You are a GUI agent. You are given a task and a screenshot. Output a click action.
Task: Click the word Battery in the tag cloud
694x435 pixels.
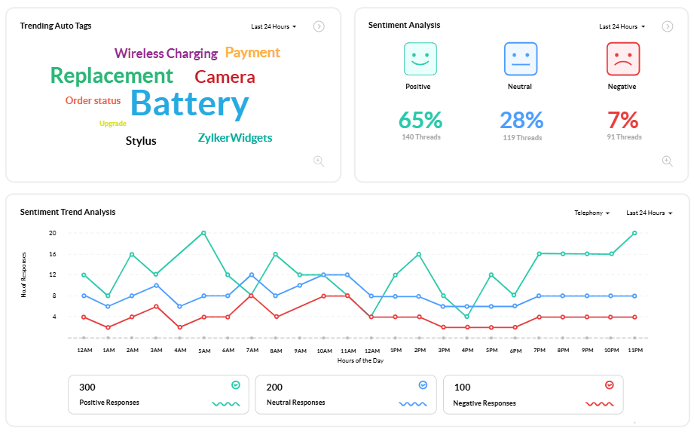[x=189, y=104]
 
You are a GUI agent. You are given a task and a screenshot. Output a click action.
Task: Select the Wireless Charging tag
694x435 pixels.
[x=166, y=54]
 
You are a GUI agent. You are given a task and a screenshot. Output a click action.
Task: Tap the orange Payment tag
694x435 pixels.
[x=252, y=53]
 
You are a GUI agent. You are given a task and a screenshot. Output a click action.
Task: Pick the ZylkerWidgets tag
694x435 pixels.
[x=234, y=138]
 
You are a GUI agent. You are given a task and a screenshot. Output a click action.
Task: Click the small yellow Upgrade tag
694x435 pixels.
[x=113, y=124]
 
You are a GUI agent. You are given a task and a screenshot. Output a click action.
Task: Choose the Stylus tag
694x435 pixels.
[x=141, y=141]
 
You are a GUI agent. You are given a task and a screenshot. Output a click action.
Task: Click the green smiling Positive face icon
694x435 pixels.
[x=420, y=59]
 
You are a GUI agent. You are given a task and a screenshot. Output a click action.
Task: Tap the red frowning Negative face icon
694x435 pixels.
[x=622, y=59]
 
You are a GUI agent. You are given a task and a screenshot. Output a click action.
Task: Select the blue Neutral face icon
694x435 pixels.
[x=520, y=59]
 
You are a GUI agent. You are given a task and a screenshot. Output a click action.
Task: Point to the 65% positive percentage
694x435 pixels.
[x=420, y=120]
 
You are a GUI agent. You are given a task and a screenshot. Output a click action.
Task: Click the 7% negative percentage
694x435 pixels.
[x=623, y=120]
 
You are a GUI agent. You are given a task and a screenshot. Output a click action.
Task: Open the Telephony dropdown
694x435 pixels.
[x=592, y=213]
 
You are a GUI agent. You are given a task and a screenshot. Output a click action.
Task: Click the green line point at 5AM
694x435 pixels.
[x=203, y=233]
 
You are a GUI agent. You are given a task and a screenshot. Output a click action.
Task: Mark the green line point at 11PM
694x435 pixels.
[x=634, y=233]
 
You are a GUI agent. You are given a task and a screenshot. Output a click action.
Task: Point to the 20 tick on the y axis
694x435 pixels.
[x=53, y=233]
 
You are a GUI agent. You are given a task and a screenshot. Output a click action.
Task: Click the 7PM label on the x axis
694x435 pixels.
[x=540, y=351]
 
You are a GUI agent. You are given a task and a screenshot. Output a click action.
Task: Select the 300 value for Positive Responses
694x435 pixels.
[x=87, y=388]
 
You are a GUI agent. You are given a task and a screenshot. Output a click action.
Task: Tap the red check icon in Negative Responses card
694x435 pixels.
[x=610, y=385]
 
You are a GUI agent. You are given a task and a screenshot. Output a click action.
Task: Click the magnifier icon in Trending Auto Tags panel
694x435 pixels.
[x=319, y=161]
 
